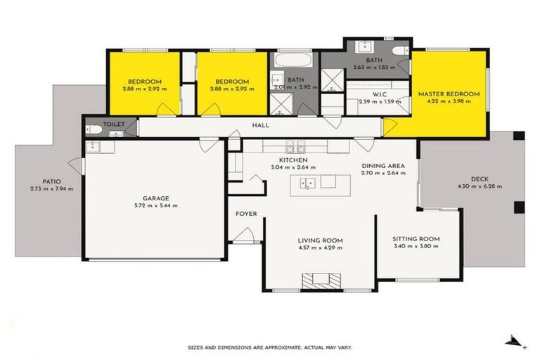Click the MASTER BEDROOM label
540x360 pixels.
pyautogui.click(x=449, y=94)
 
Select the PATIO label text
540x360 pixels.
pyautogui.click(x=51, y=181)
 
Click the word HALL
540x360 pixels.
pyautogui.click(x=261, y=126)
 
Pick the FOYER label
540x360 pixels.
pyautogui.click(x=246, y=214)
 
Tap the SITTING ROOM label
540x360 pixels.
pyautogui.click(x=416, y=239)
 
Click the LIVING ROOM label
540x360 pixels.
pyautogui.click(x=320, y=240)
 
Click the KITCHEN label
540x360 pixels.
pyautogui.click(x=293, y=160)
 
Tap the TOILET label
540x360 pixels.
pyautogui.click(x=114, y=124)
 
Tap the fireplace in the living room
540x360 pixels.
pyautogui.click(x=321, y=281)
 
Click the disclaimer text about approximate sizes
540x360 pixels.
pyautogui.click(x=269, y=347)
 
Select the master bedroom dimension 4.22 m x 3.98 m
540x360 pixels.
pyautogui.click(x=449, y=101)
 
